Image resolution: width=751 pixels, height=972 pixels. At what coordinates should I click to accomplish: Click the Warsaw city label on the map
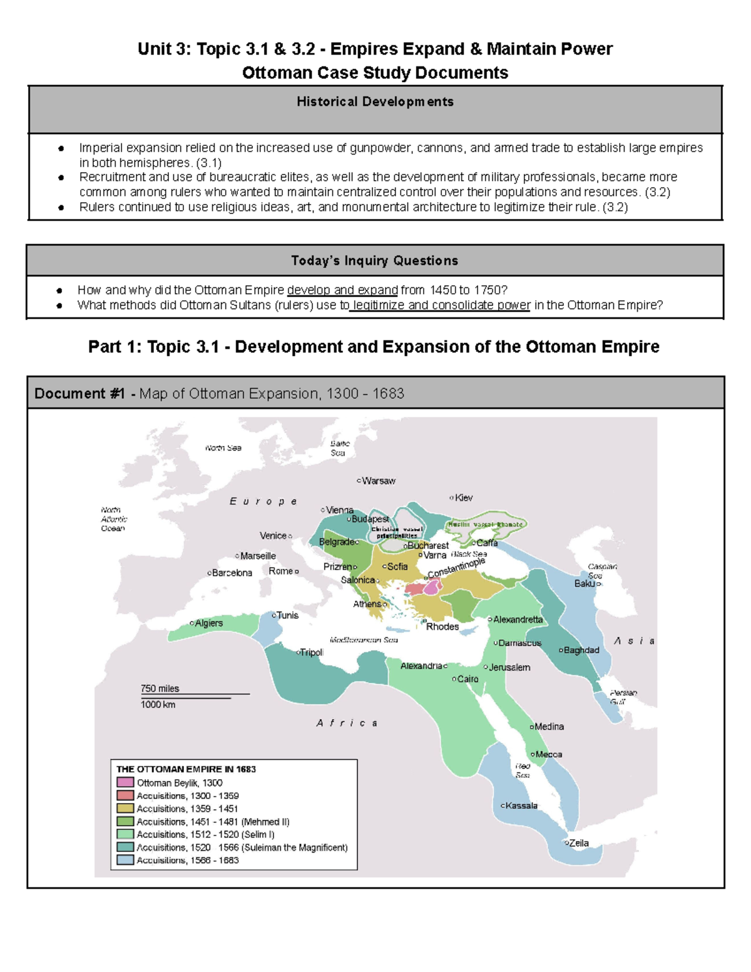click(379, 481)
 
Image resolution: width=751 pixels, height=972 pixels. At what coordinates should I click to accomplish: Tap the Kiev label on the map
click(464, 498)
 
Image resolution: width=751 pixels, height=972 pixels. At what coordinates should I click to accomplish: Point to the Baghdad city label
click(581, 650)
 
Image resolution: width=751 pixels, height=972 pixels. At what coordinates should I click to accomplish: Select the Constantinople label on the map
click(456, 568)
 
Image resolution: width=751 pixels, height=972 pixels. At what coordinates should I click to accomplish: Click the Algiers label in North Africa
click(208, 623)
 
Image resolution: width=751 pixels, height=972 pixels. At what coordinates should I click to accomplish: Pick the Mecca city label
click(548, 754)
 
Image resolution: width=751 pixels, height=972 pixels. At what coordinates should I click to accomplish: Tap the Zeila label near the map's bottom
click(578, 843)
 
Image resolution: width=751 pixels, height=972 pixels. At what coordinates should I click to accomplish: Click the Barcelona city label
click(232, 573)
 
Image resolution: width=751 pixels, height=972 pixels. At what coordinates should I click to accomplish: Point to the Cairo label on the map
click(467, 679)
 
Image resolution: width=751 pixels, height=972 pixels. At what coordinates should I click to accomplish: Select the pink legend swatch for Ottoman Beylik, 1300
click(125, 782)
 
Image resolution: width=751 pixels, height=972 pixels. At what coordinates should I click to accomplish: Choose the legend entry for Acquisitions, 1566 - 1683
click(188, 861)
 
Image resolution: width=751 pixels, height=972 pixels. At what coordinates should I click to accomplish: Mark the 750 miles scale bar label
click(160, 688)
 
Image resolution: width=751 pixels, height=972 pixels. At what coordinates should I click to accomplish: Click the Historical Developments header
click(375, 101)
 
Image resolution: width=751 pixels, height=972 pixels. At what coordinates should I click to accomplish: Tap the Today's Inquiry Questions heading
click(374, 260)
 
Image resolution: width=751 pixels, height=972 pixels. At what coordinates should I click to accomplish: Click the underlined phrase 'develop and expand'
click(342, 290)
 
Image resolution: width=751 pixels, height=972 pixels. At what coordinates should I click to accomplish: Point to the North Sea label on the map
click(223, 448)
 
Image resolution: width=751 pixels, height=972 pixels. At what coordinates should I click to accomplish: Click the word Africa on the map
click(346, 723)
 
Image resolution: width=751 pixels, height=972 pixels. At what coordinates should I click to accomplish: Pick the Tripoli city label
click(312, 652)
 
